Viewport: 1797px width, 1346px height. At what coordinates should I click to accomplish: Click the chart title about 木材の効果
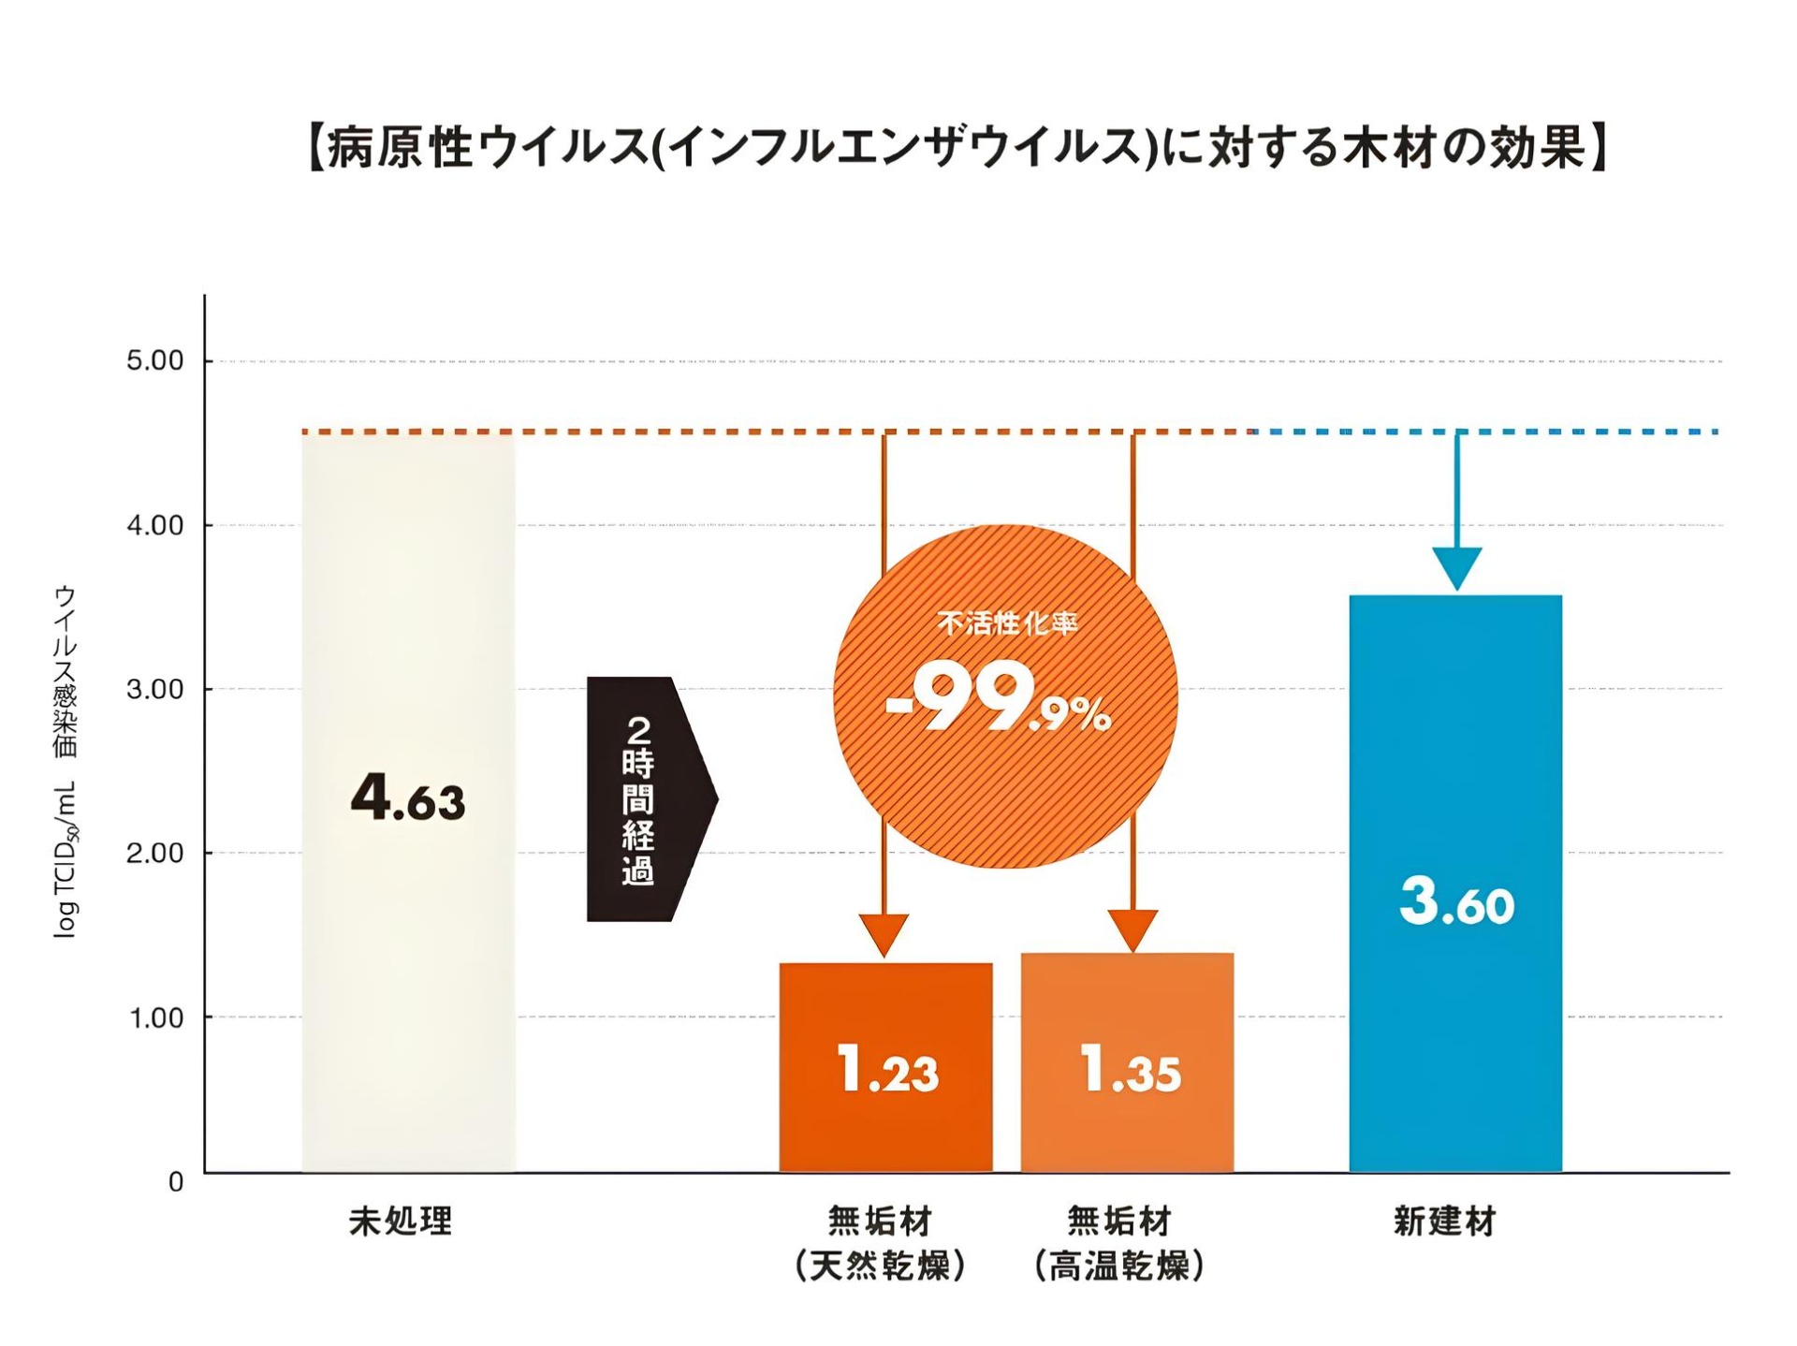pyautogui.click(x=957, y=148)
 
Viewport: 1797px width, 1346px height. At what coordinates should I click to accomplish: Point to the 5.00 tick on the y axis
pyautogui.click(x=154, y=361)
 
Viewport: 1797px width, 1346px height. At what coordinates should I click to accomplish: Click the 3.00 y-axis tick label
pyautogui.click(x=154, y=690)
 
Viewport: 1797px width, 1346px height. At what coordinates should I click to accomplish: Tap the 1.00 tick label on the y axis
pyautogui.click(x=154, y=1018)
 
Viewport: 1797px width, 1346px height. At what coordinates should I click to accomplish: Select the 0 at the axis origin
pyautogui.click(x=176, y=1182)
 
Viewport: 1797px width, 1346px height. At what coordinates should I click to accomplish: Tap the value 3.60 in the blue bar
pyautogui.click(x=1456, y=902)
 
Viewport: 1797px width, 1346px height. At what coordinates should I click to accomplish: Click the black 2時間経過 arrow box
pyautogui.click(x=646, y=798)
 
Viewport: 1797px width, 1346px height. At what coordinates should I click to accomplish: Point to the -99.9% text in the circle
pyautogui.click(x=998, y=700)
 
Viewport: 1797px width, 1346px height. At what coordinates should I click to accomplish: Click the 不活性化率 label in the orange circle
pyautogui.click(x=1007, y=623)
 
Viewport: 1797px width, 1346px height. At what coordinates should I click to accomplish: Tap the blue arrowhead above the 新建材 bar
pyautogui.click(x=1456, y=567)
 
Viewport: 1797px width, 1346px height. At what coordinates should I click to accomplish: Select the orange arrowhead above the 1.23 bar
pyautogui.click(x=884, y=933)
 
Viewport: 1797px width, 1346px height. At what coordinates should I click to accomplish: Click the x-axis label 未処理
pyautogui.click(x=401, y=1222)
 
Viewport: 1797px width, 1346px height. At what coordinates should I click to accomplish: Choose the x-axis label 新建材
pyautogui.click(x=1444, y=1222)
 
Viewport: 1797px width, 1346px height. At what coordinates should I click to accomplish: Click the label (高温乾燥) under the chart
pyautogui.click(x=1119, y=1266)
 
